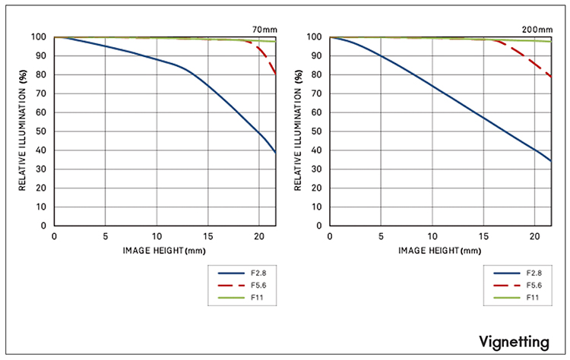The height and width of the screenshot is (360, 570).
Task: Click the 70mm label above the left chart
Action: click(264, 30)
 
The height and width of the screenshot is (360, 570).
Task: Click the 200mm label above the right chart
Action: click(537, 30)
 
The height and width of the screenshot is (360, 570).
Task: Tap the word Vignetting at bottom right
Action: click(514, 343)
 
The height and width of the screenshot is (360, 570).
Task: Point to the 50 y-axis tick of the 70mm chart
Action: click(41, 131)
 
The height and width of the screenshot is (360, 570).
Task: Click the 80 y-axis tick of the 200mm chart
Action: click(317, 75)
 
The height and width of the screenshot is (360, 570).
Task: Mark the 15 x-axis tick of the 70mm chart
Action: click(208, 236)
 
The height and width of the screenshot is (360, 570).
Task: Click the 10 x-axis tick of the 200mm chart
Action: click(432, 236)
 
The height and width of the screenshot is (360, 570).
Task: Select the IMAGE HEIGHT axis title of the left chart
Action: click(164, 251)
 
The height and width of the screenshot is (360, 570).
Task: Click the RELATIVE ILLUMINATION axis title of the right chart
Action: click(298, 130)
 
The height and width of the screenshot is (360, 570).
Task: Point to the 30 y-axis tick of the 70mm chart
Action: click(41, 169)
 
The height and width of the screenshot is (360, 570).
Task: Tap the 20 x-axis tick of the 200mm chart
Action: click(535, 236)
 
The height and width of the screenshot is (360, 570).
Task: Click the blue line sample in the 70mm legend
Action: click(231, 273)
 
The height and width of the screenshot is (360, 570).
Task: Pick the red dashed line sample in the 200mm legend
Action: click(507, 286)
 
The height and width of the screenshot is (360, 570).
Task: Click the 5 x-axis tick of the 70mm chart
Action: click(106, 236)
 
